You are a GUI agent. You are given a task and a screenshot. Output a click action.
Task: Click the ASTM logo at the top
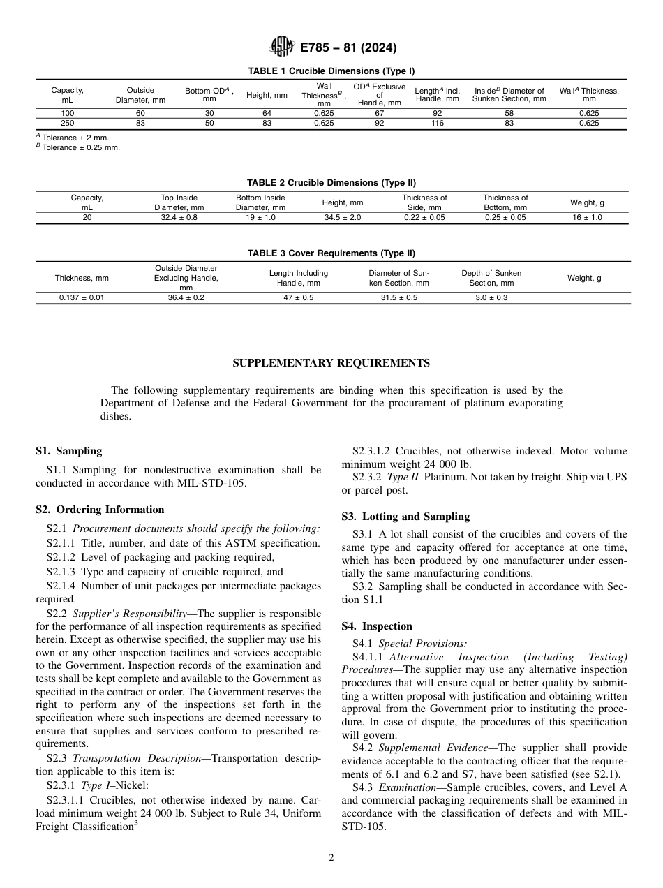[x=283, y=47]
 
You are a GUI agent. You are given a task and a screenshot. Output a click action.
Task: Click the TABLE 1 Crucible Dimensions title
[x=331, y=71]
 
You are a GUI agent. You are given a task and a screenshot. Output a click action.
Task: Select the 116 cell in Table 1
[x=438, y=123]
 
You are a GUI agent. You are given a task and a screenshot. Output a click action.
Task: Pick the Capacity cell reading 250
[x=67, y=123]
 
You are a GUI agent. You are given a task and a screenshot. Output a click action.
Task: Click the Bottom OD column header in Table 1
[x=209, y=95]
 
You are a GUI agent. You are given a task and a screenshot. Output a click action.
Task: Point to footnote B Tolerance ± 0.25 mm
[x=77, y=147]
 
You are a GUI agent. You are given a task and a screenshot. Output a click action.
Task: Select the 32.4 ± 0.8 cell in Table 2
[x=179, y=217]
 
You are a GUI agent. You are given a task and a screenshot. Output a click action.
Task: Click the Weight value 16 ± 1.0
[x=587, y=217]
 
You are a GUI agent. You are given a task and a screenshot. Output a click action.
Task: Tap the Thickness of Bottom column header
[x=505, y=202]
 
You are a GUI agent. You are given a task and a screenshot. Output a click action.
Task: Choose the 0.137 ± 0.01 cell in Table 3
[x=82, y=297]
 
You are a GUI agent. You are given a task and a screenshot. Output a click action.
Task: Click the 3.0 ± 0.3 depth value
[x=491, y=297]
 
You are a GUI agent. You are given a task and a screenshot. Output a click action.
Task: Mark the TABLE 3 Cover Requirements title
[x=331, y=253]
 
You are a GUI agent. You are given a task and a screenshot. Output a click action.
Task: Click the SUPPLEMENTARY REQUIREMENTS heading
[x=331, y=363]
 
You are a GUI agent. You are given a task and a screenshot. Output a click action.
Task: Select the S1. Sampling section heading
[x=68, y=451]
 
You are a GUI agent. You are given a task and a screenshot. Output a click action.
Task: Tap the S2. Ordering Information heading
[x=100, y=510]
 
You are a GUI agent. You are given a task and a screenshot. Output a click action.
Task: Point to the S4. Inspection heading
[x=377, y=626]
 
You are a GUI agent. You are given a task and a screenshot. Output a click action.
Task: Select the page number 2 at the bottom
[x=331, y=858]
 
